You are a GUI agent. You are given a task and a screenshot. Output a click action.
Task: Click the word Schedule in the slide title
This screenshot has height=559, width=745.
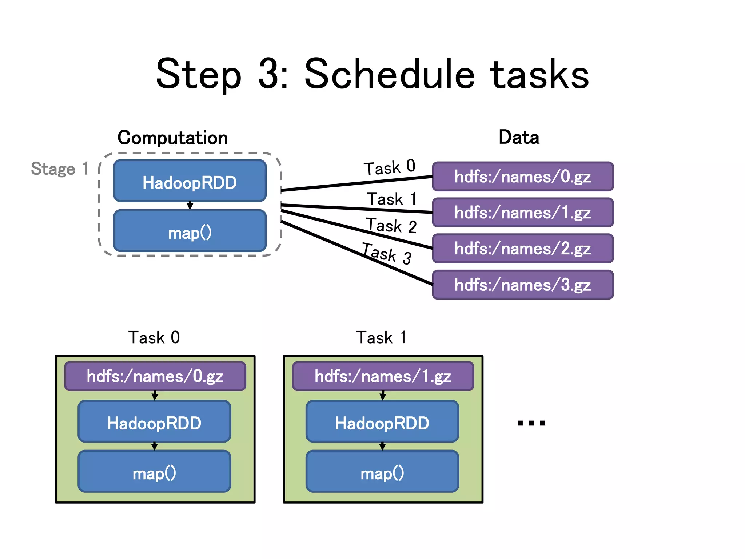pyautogui.click(x=389, y=75)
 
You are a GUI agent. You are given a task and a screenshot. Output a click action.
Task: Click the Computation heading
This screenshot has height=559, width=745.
pyautogui.click(x=172, y=138)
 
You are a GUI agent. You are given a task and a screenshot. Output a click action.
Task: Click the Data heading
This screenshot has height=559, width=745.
pyautogui.click(x=519, y=137)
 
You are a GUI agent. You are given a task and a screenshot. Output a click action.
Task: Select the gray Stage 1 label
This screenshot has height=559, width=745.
pyautogui.click(x=60, y=169)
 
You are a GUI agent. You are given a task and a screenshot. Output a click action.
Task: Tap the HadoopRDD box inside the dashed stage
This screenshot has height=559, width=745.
pyautogui.click(x=190, y=181)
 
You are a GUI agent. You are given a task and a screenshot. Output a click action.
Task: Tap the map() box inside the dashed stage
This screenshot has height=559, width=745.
pyautogui.click(x=190, y=231)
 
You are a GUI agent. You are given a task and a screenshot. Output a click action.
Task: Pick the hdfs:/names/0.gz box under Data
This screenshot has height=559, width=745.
pyautogui.click(x=523, y=177)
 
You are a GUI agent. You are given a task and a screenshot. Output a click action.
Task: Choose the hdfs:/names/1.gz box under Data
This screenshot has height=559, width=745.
pyautogui.click(x=523, y=213)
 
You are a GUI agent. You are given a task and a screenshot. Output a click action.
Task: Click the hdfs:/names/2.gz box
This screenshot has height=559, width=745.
pyautogui.click(x=523, y=249)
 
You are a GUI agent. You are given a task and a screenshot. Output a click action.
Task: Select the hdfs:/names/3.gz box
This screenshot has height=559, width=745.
pyautogui.click(x=523, y=285)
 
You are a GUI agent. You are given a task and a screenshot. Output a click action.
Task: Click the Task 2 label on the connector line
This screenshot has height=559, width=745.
pyautogui.click(x=391, y=226)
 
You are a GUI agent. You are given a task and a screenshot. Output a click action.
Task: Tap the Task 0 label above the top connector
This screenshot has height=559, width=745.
pyautogui.click(x=389, y=167)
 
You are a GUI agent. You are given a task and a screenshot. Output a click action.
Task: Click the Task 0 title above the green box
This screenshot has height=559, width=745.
pyautogui.click(x=154, y=337)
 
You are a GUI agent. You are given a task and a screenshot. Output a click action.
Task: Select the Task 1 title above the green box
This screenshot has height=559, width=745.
pyautogui.click(x=381, y=337)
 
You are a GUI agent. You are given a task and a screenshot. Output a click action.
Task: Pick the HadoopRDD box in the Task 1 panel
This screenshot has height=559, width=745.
pyautogui.click(x=382, y=422)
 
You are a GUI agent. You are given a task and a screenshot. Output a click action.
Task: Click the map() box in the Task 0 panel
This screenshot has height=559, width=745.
pyautogui.click(x=154, y=472)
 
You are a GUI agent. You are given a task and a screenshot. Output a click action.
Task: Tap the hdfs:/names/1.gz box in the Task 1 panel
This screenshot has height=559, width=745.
pyautogui.click(x=383, y=376)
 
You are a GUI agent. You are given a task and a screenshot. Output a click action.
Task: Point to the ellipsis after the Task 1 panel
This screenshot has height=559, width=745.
pyautogui.click(x=531, y=423)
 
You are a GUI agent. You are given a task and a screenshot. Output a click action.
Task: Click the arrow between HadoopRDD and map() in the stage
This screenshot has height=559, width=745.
pyautogui.click(x=190, y=206)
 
